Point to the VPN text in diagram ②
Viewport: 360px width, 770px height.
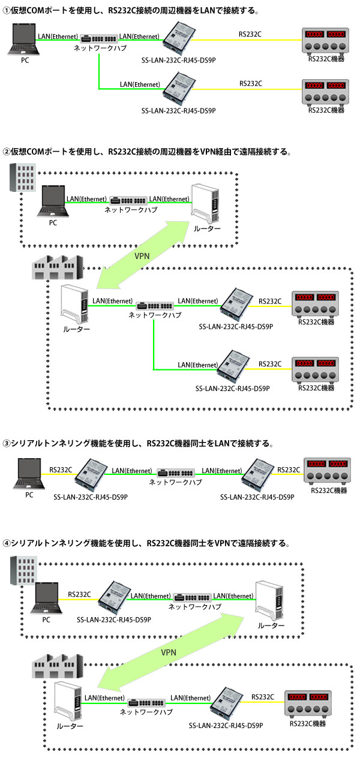point(142,255)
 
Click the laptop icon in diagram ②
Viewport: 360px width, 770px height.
point(52,203)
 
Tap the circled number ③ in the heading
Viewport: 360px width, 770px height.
point(7,444)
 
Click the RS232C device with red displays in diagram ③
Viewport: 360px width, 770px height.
point(327,471)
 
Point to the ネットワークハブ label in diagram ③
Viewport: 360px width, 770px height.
point(175,482)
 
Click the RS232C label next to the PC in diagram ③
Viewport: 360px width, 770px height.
point(61,470)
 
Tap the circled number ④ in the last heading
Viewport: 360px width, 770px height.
point(7,543)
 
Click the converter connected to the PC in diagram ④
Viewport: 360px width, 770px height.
point(115,597)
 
